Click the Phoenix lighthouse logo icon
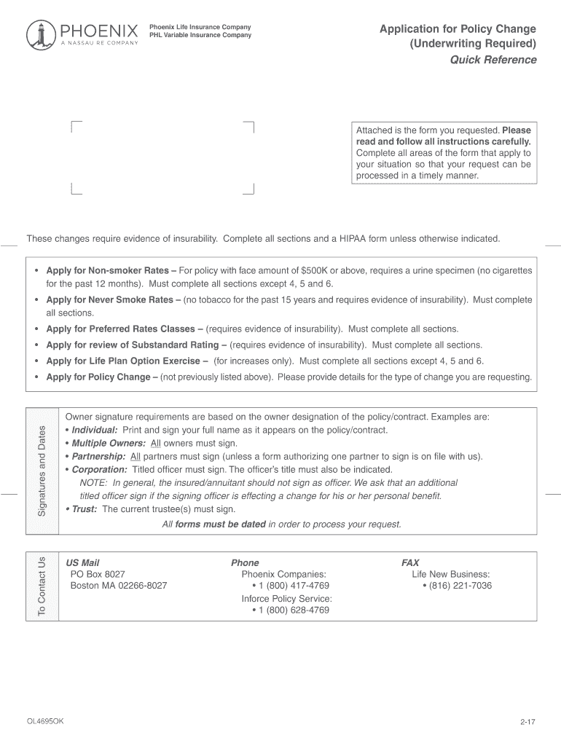click(39, 34)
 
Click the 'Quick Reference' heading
click(493, 60)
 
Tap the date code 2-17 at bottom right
click(527, 722)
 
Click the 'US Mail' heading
click(82, 562)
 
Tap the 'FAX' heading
click(410, 562)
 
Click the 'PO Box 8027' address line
click(98, 574)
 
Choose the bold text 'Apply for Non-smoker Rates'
click(106, 270)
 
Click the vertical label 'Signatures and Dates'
click(42, 469)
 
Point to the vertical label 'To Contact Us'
click(42, 586)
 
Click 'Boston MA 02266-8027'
click(118, 586)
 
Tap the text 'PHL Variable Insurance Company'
click(200, 35)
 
